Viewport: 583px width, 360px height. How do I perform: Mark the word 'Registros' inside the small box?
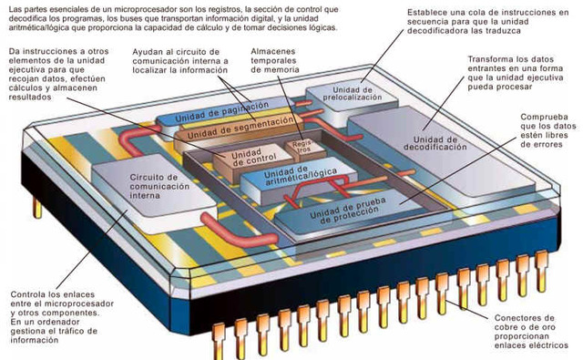tap(299, 147)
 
